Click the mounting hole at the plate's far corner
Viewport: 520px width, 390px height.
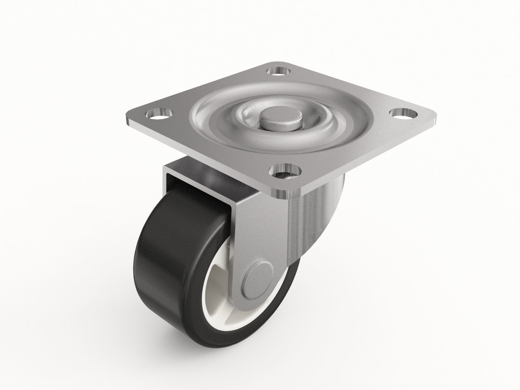click(278, 71)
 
